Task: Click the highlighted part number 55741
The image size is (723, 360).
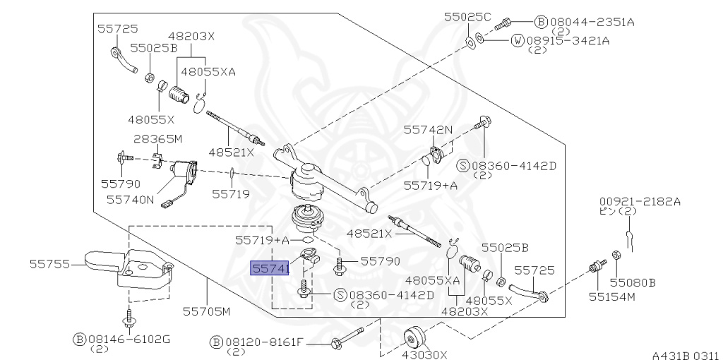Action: pyautogui.click(x=270, y=268)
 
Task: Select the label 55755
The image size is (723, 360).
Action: pyautogui.click(x=50, y=264)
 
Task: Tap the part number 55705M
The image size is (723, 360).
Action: pyautogui.click(x=207, y=311)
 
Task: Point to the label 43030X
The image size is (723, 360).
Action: pyautogui.click(x=424, y=354)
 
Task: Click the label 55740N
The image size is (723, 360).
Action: pyautogui.click(x=131, y=200)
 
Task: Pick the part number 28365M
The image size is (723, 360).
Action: pyautogui.click(x=158, y=139)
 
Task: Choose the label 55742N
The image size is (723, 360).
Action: pyautogui.click(x=429, y=130)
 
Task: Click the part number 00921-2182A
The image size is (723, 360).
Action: pyautogui.click(x=640, y=201)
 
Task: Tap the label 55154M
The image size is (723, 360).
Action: pyautogui.click(x=612, y=296)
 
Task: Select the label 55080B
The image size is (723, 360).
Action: pyautogui.click(x=633, y=282)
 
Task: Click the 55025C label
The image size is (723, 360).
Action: pyautogui.click(x=467, y=17)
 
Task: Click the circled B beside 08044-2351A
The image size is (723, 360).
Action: pyautogui.click(x=540, y=22)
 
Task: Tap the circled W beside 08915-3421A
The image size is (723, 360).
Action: pyautogui.click(x=518, y=40)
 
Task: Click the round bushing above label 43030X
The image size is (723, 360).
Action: pyautogui.click(x=414, y=340)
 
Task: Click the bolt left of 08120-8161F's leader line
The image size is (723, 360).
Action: pyautogui.click(x=347, y=338)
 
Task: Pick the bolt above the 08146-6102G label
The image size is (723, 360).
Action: pyautogui.click(x=129, y=318)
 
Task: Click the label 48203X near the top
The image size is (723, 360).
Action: pyautogui.click(x=191, y=36)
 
